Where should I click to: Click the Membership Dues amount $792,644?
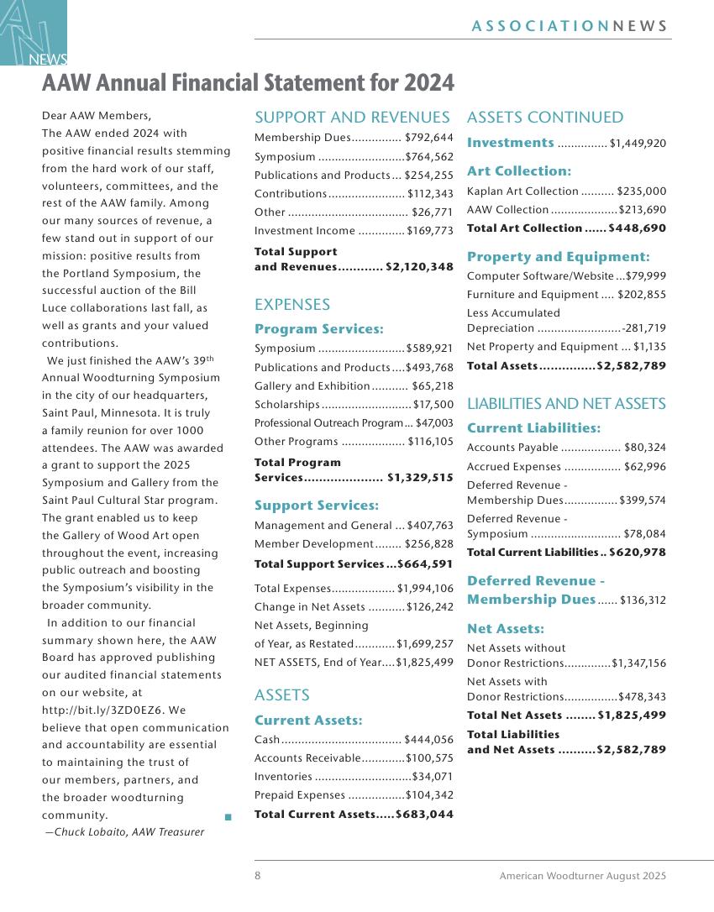click(428, 138)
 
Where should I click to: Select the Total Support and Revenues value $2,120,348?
click(419, 267)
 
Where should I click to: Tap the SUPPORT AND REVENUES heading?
click(352, 118)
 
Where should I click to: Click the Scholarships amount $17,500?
click(433, 405)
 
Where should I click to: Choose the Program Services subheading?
click(318, 329)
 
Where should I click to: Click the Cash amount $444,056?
click(428, 740)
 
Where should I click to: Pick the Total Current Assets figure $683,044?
click(424, 815)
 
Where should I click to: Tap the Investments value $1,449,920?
click(638, 144)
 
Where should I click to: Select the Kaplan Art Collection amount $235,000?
click(641, 191)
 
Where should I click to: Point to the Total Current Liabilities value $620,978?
click(638, 553)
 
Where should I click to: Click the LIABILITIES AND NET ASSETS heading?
click(566, 404)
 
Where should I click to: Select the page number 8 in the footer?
click(258, 876)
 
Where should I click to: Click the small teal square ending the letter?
click(228, 815)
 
